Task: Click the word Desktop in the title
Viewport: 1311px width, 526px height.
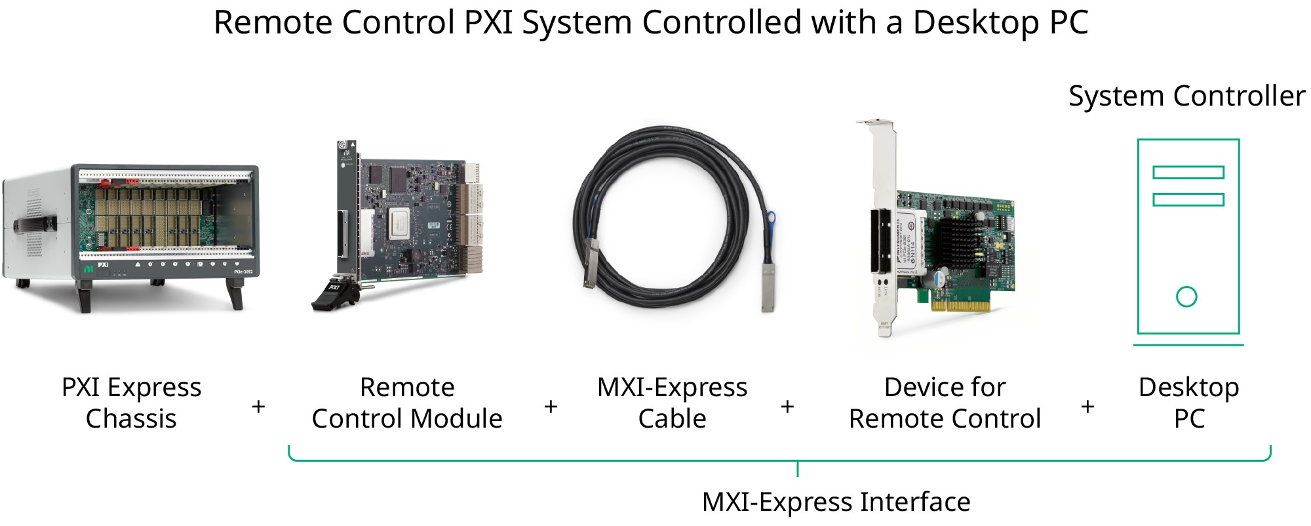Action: tap(976, 23)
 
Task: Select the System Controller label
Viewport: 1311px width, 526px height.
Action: tap(1186, 96)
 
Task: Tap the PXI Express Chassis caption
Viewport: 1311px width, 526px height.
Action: tap(131, 403)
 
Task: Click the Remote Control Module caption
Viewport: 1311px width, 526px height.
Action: tap(407, 403)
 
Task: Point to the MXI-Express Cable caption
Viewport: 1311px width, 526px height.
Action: tap(672, 403)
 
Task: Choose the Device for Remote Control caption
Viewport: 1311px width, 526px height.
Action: tap(945, 403)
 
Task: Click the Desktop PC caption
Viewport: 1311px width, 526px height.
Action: tap(1188, 403)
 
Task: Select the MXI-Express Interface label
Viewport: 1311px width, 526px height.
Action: tap(836, 502)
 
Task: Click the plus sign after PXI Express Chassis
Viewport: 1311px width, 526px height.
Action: tap(258, 407)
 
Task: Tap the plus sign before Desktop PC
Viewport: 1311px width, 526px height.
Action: tap(1087, 407)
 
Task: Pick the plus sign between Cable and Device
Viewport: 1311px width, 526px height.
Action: tap(788, 407)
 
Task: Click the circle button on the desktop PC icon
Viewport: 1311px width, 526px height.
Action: tap(1186, 297)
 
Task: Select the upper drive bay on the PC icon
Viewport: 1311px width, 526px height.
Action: tap(1188, 172)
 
